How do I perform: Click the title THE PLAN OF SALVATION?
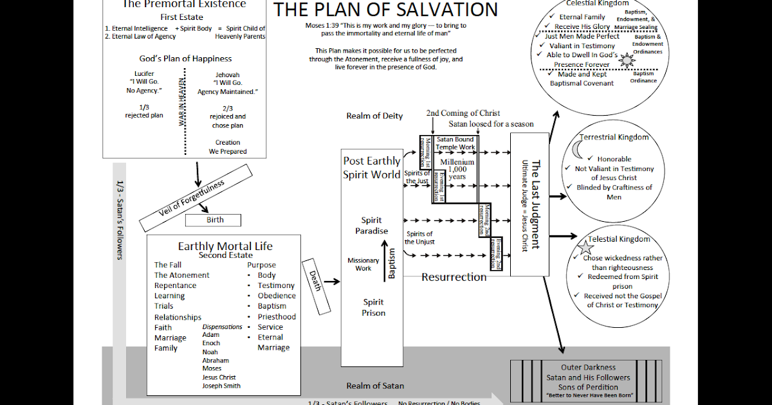coord(385,10)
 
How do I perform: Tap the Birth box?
coord(215,220)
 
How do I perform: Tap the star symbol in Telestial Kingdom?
coord(585,247)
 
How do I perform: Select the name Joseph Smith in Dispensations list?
coord(221,386)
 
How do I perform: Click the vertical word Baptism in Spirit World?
coord(392,264)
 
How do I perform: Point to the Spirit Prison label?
coord(373,307)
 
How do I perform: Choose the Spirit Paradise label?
coord(372,226)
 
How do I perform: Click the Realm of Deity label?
coord(374,116)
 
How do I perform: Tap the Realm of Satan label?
coord(375,386)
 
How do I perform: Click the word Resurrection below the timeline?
coord(454,277)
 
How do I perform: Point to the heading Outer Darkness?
coord(588,368)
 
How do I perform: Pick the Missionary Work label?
coord(363,264)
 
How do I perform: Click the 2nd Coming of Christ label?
coord(463,113)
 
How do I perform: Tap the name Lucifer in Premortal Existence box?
coord(144,74)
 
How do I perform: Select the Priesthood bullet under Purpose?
coord(277,316)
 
